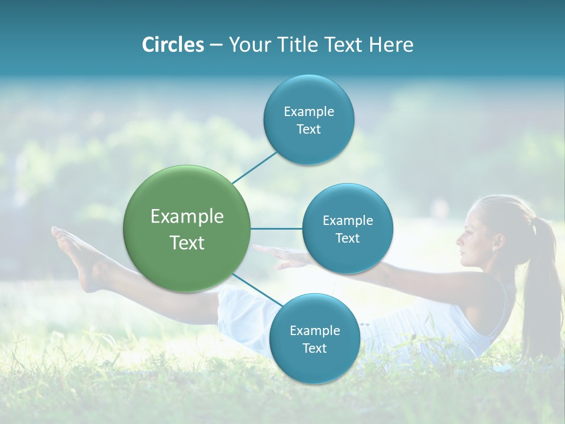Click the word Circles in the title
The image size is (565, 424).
pyautogui.click(x=173, y=45)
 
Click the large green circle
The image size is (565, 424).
pyautogui.click(x=187, y=228)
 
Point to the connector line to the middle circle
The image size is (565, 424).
pyautogui.click(x=277, y=228)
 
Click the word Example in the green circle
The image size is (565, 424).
pyautogui.click(x=187, y=217)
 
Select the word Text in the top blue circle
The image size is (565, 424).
pyautogui.click(x=308, y=130)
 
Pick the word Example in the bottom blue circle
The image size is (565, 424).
pyautogui.click(x=314, y=330)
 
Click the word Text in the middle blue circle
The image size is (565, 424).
pyautogui.click(x=347, y=238)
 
